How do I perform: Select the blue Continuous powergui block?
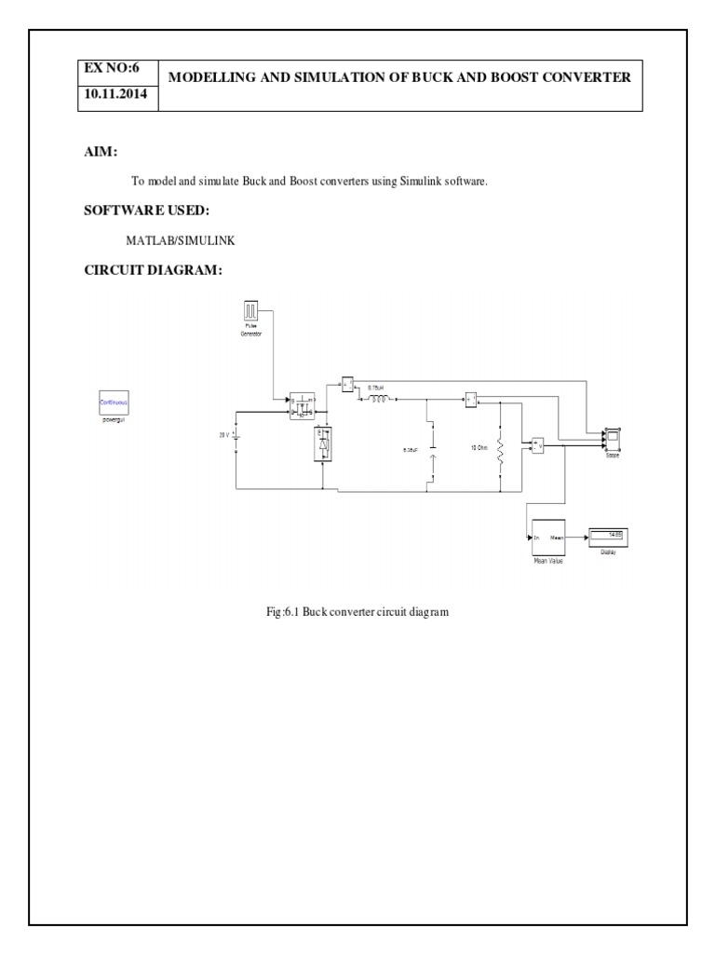pos(114,403)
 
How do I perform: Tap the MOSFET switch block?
pos(303,406)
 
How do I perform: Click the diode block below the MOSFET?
pos(323,445)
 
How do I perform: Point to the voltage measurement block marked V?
pos(537,445)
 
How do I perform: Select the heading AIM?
pos(101,152)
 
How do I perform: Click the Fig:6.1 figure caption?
pos(357,612)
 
